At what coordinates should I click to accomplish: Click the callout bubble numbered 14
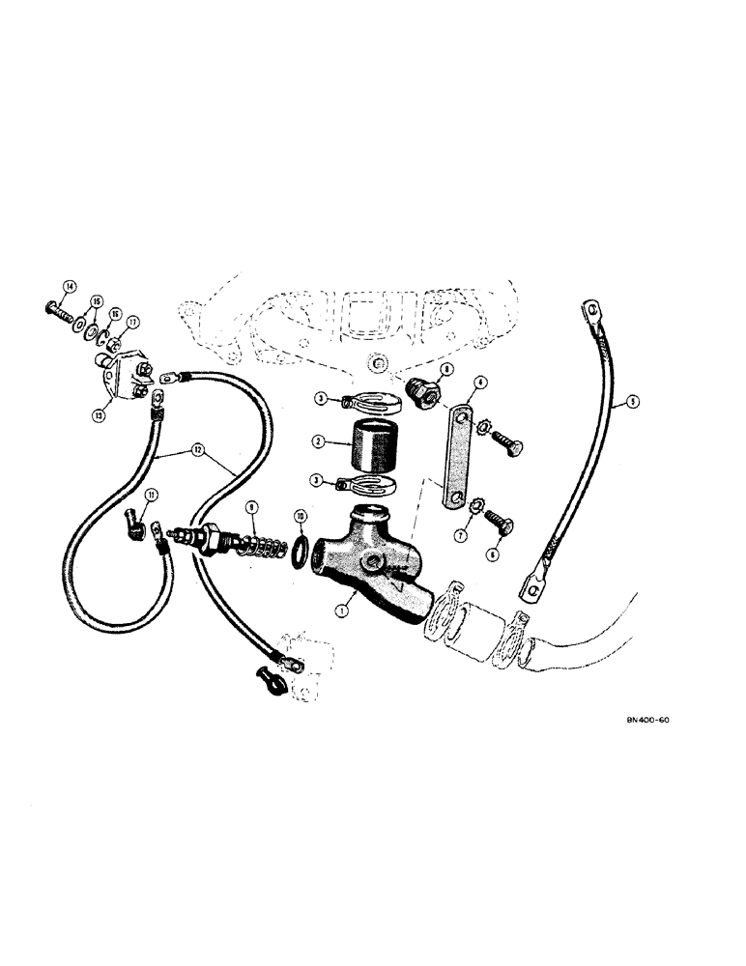69,285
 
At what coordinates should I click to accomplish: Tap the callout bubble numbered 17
133,324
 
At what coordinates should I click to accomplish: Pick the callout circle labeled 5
632,403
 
